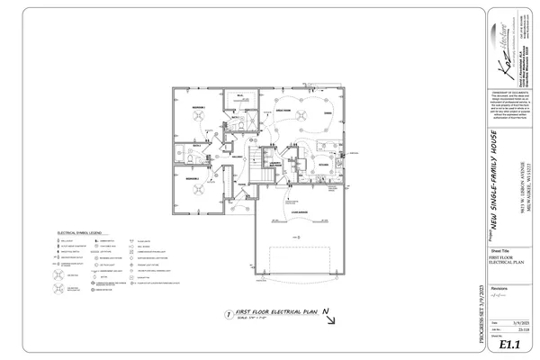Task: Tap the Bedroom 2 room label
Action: click(192, 178)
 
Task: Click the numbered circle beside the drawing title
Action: click(228, 312)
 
